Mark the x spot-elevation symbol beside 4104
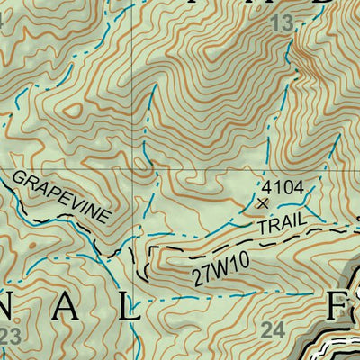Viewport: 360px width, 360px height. click(263, 204)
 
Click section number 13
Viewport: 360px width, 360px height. click(281, 23)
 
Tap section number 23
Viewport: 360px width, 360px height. click(10, 336)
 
